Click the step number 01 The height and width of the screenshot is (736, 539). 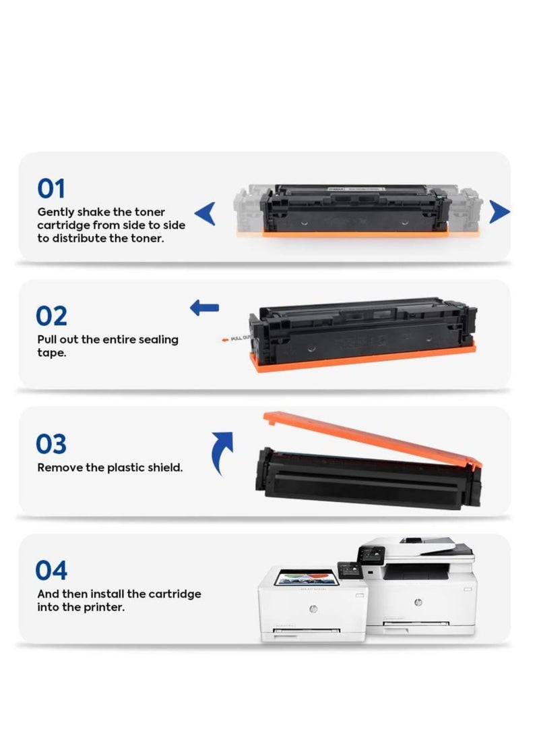coord(51,189)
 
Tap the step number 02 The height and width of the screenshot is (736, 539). coord(51,316)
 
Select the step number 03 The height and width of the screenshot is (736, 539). coord(51,444)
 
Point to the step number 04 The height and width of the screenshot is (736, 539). coord(51,570)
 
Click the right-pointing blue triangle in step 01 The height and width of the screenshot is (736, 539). coord(499,212)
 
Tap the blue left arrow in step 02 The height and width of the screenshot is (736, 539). coord(204,308)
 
